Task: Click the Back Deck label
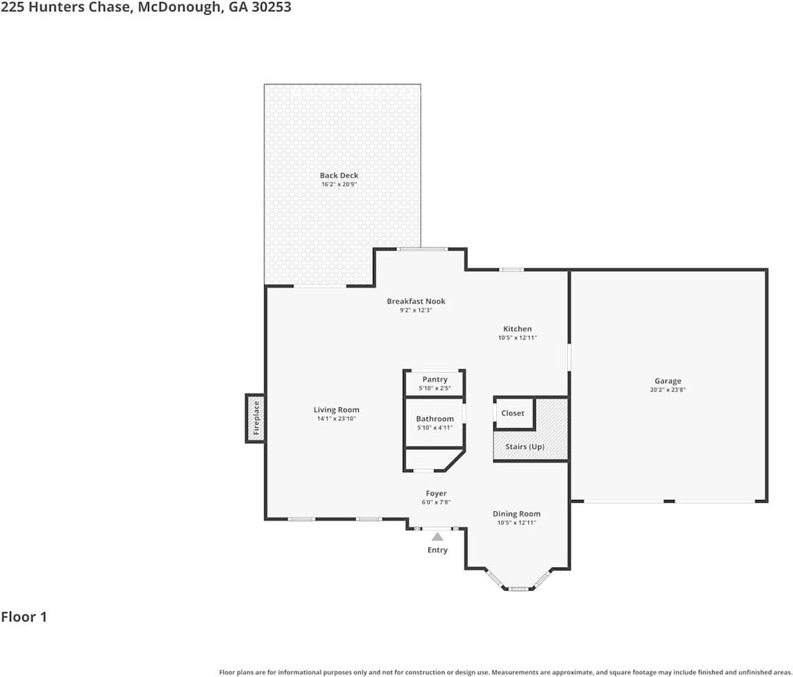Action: pyautogui.click(x=339, y=176)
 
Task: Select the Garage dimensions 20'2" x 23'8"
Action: pyautogui.click(x=668, y=389)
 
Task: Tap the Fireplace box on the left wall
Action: pyautogui.click(x=255, y=418)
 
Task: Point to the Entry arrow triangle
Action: pyautogui.click(x=438, y=537)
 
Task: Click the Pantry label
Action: pyautogui.click(x=435, y=379)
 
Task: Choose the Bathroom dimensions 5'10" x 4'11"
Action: pyautogui.click(x=435, y=427)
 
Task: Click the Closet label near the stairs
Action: pyautogui.click(x=513, y=413)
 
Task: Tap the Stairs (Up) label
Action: pyautogui.click(x=525, y=447)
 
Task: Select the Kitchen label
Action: pyautogui.click(x=517, y=329)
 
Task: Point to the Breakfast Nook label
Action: pyautogui.click(x=416, y=302)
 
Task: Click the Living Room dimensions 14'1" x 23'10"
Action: pyautogui.click(x=336, y=418)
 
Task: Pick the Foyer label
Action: pyautogui.click(x=436, y=494)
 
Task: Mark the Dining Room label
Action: pyautogui.click(x=517, y=514)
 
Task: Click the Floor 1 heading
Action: pyautogui.click(x=24, y=617)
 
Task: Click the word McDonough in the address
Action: pyautogui.click(x=179, y=8)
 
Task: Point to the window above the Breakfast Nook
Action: pyautogui.click(x=422, y=248)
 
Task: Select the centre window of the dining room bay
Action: pyautogui.click(x=518, y=589)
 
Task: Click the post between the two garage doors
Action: pyautogui.click(x=669, y=501)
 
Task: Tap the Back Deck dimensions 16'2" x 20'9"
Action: pyautogui.click(x=339, y=184)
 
